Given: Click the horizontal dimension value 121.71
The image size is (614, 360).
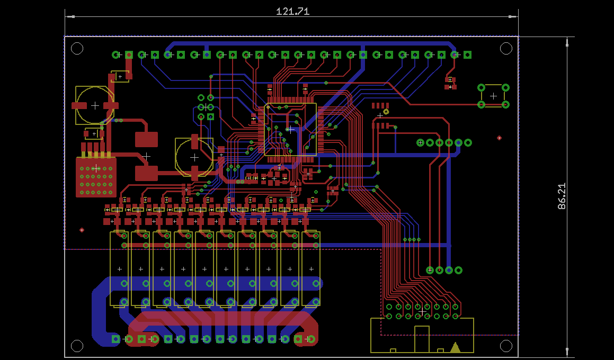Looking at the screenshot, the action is pyautogui.click(x=292, y=11).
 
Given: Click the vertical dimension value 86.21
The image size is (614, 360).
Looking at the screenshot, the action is pyautogui.click(x=562, y=196).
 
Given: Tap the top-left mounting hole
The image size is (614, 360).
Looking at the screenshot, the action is pyautogui.click(x=77, y=49).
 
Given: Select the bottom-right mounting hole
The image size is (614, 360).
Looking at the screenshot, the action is pyautogui.click(x=506, y=346).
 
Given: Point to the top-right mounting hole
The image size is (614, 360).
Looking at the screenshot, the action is pyautogui.click(x=506, y=49).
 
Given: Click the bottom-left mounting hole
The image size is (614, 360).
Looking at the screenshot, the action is pyautogui.click(x=77, y=346).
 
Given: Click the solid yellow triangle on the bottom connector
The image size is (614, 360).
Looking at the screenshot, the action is pyautogui.click(x=456, y=347).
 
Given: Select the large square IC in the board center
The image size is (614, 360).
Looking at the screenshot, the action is pyautogui.click(x=290, y=130).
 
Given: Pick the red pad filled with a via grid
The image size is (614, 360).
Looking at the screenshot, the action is pyautogui.click(x=96, y=177).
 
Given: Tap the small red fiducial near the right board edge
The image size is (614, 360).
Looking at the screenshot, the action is pyautogui.click(x=499, y=138).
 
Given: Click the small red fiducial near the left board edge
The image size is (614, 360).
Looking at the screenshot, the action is pyautogui.click(x=82, y=230).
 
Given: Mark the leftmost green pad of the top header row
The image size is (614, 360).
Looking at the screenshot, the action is pyautogui.click(x=116, y=55).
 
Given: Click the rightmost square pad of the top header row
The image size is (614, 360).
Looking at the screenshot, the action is pyautogui.click(x=467, y=55).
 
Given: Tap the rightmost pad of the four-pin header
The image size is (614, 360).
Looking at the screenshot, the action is pyautogui.click(x=459, y=270).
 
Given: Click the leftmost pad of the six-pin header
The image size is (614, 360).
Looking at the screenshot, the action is pyautogui.click(x=420, y=142).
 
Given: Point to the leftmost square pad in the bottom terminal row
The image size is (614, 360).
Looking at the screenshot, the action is pyautogui.click(x=116, y=339).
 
